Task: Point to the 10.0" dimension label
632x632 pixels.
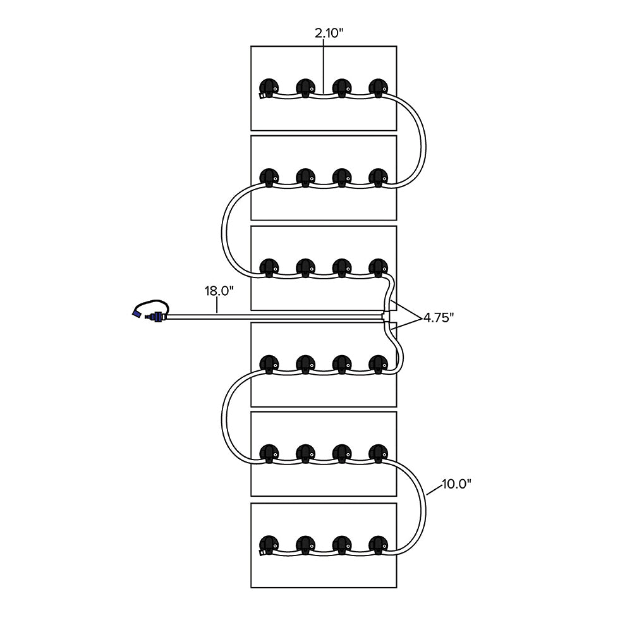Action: click(457, 484)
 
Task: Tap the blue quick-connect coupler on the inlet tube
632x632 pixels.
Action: click(154, 316)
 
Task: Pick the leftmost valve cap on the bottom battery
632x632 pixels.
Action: click(269, 544)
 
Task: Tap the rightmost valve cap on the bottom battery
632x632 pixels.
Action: click(378, 544)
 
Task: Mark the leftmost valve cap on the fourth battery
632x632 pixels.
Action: click(269, 363)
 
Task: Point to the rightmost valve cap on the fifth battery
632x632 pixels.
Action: click(378, 453)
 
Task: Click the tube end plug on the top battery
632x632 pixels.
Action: click(262, 96)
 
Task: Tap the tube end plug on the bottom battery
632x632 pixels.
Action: click(262, 554)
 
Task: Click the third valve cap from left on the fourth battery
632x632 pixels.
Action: click(342, 363)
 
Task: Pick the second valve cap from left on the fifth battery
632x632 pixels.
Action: click(305, 453)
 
